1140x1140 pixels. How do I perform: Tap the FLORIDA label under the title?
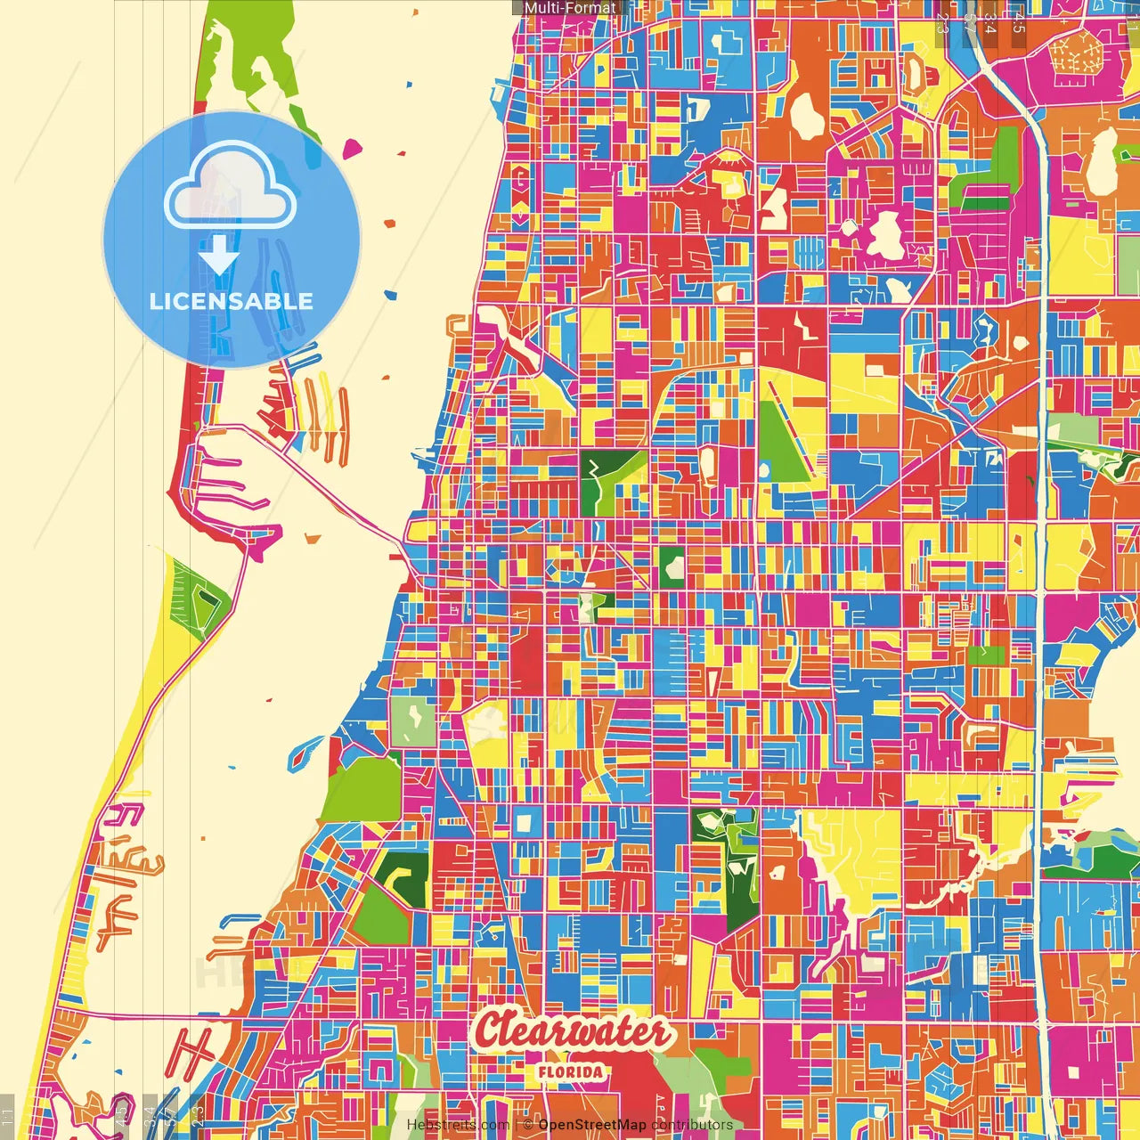pyautogui.click(x=570, y=1072)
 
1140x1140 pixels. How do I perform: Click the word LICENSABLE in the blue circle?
pyautogui.click(x=231, y=301)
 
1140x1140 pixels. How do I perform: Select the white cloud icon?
pyautogui.click(x=231, y=189)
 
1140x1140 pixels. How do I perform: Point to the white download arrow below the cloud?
pyautogui.click(x=219, y=256)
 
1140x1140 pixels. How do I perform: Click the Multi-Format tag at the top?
pyautogui.click(x=569, y=8)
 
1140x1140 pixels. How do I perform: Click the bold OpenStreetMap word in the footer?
pyautogui.click(x=592, y=1125)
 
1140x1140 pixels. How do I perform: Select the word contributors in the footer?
pyautogui.click(x=692, y=1125)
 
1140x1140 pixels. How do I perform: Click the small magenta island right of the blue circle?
pyautogui.click(x=353, y=148)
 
